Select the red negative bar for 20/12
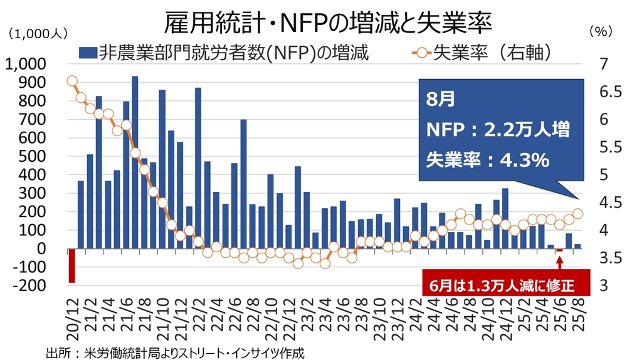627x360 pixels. [71, 265]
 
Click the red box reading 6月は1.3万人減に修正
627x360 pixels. [507, 284]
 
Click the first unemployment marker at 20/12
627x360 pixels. [71, 81]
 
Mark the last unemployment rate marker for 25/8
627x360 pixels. [578, 214]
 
